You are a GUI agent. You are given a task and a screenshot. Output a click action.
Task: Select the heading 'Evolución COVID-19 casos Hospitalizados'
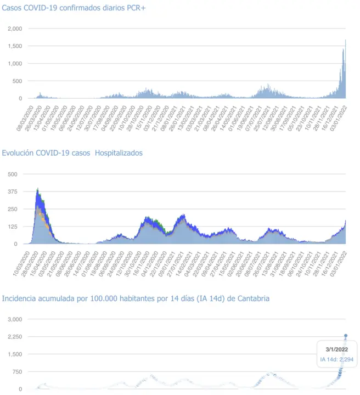(72, 153)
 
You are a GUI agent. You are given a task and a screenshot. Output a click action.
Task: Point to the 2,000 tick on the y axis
(15, 28)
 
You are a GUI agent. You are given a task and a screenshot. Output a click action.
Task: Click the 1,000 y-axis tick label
(15, 63)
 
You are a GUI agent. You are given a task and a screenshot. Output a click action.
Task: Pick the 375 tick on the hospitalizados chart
(12, 191)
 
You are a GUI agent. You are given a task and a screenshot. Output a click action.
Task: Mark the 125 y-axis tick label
(12, 227)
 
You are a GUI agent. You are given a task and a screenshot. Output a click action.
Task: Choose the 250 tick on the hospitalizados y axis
(12, 209)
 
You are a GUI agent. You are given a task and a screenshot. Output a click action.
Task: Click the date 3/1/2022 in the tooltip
(337, 349)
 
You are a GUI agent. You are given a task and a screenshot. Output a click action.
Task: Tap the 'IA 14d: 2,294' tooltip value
(337, 359)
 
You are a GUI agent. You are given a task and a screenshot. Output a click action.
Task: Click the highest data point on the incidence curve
(346, 335)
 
